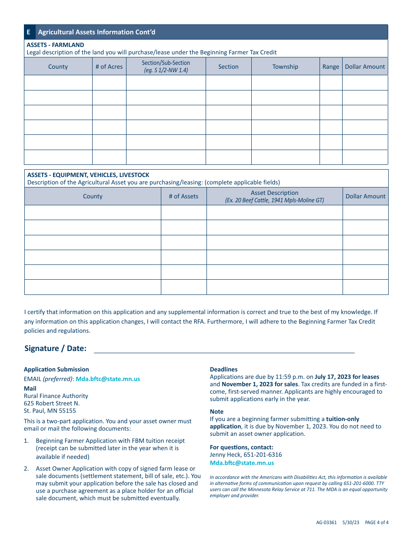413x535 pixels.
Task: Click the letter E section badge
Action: [29, 32]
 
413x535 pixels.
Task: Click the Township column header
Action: [285, 67]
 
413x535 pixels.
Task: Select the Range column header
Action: [330, 67]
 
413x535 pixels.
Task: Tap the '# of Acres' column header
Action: [109, 67]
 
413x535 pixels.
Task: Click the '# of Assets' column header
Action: [183, 196]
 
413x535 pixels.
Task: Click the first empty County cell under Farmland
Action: [58, 83]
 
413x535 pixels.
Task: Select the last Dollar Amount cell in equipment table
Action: [365, 287]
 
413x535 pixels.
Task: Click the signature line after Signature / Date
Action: [224, 349]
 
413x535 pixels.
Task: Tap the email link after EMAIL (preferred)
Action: [108, 379]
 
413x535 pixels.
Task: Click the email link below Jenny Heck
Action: [242, 463]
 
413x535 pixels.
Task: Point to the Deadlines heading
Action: [223, 369]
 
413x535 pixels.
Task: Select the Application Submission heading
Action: [56, 369]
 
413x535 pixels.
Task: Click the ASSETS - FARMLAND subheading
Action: [56, 45]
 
